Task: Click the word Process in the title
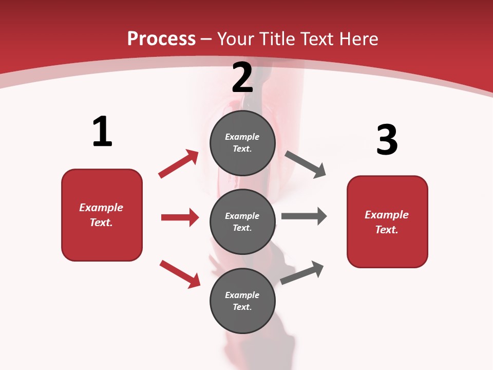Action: point(161,39)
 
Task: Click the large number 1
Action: point(102,132)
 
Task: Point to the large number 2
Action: point(242,77)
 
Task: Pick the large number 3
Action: point(387,140)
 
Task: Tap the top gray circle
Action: point(242,143)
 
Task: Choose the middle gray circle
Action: point(242,221)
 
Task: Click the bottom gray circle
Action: point(242,301)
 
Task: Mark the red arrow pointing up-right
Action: point(178,164)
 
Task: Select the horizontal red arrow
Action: point(180,217)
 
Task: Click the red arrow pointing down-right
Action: point(180,274)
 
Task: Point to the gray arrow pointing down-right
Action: point(306,165)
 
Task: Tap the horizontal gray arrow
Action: point(304,216)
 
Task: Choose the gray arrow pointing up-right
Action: point(302,273)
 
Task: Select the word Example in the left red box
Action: point(101,208)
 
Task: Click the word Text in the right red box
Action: point(386,230)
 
